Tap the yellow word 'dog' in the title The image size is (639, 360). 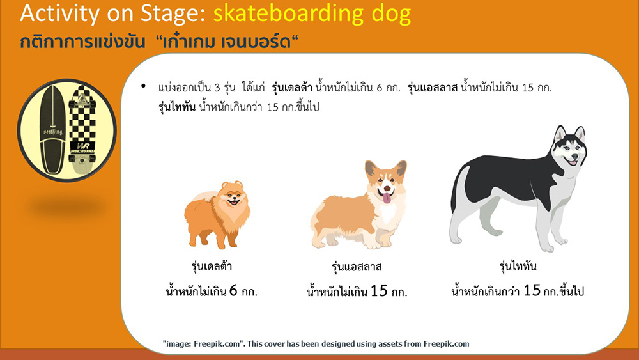pyautogui.click(x=391, y=15)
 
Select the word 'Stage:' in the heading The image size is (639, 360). pyautogui.click(x=173, y=14)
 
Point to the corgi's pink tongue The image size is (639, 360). pyautogui.click(x=386, y=198)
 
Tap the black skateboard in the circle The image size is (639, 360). pyautogui.click(x=52, y=130)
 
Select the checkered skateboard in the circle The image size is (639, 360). pyautogui.click(x=82, y=130)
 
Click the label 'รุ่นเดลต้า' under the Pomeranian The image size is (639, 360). pyautogui.click(x=212, y=267)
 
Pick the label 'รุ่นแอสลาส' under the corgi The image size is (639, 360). pyautogui.click(x=357, y=267)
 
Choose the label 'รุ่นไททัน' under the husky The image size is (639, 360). pyautogui.click(x=518, y=267)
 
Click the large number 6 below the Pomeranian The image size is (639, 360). pyautogui.click(x=233, y=290)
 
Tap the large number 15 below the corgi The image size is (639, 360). pyautogui.click(x=378, y=291)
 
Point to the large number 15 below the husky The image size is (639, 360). pyautogui.click(x=532, y=290)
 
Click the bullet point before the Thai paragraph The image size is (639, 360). pyautogui.click(x=143, y=86)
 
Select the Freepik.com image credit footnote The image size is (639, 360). pyautogui.click(x=316, y=343)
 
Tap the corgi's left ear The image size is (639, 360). pyautogui.click(x=371, y=168)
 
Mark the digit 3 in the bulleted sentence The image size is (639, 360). pyautogui.click(x=217, y=88)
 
